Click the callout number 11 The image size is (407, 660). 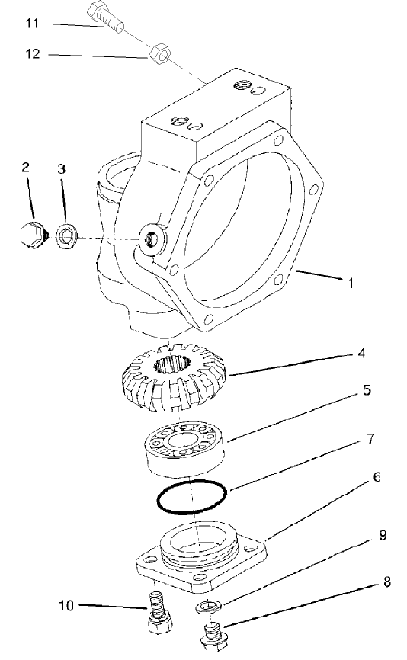tap(31, 24)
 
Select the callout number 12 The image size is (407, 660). tap(31, 54)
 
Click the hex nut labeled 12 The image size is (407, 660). tap(159, 54)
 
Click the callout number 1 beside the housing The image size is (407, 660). tap(351, 283)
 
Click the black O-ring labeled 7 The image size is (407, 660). tap(191, 498)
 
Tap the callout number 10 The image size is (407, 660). tap(66, 606)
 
